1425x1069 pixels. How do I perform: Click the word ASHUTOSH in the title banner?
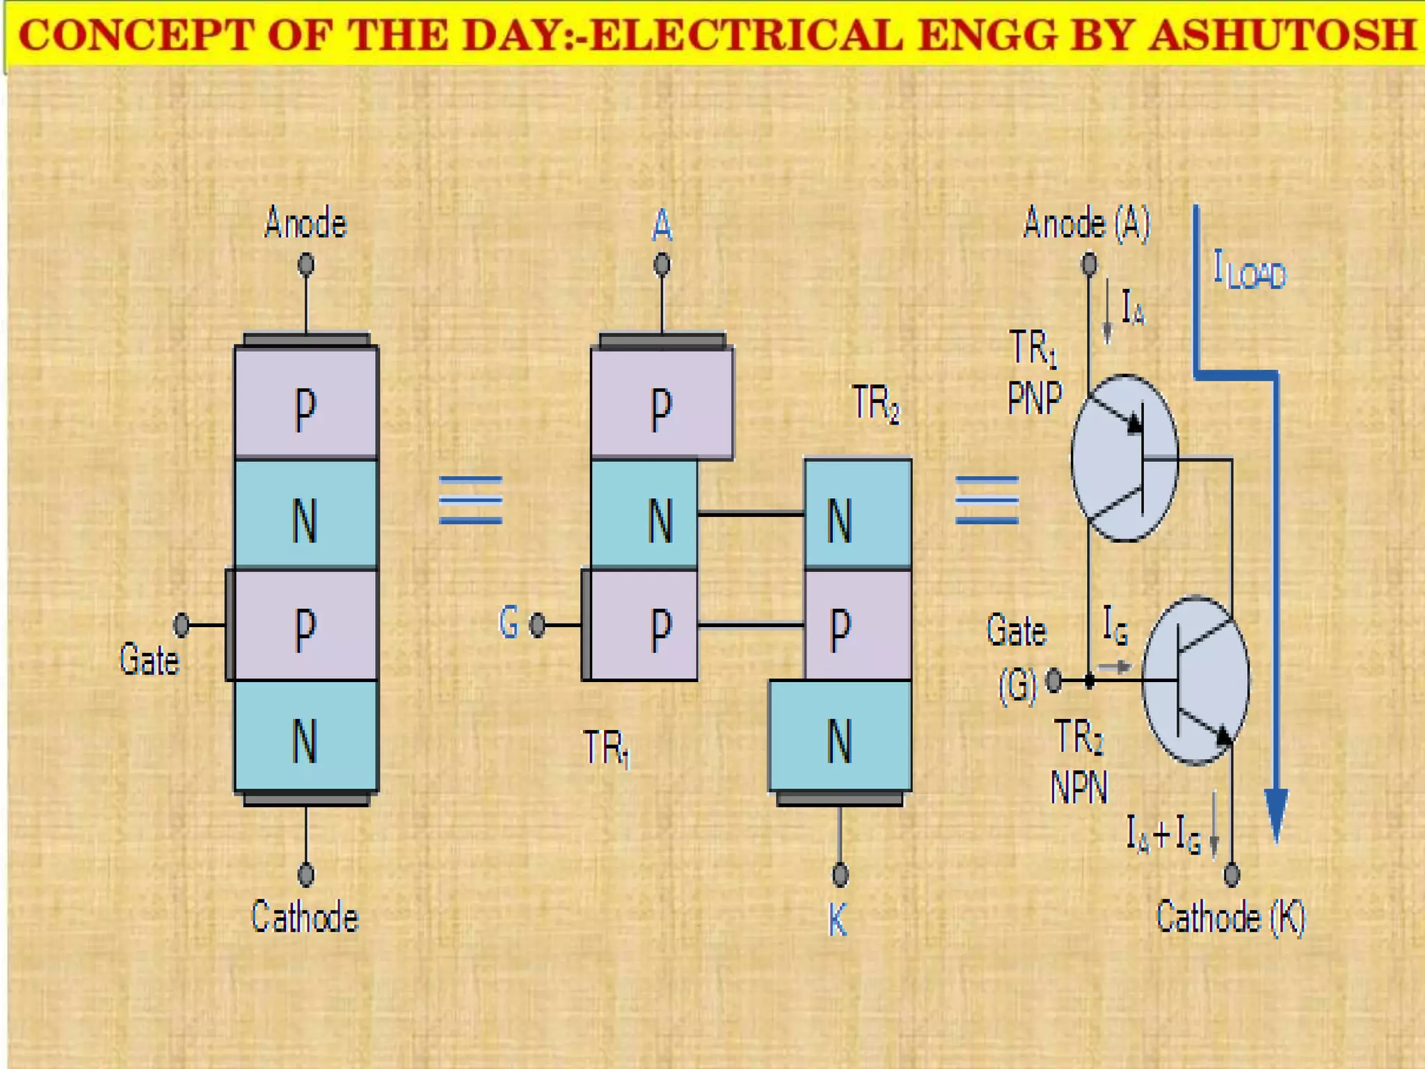click(x=1282, y=35)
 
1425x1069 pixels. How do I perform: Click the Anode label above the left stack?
click(x=305, y=224)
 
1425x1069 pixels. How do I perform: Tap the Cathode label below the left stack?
click(x=305, y=917)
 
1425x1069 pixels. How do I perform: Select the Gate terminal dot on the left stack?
click(x=182, y=624)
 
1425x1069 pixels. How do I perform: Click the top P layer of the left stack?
click(x=306, y=404)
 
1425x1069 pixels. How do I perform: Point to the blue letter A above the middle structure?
click(x=662, y=226)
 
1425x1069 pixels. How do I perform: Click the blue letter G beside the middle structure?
click(x=509, y=622)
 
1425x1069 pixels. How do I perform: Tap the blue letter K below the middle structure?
click(x=838, y=920)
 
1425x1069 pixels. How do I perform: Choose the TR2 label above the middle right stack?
click(x=875, y=404)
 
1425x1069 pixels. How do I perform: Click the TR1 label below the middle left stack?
click(x=606, y=749)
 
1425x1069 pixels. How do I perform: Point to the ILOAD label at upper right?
click(x=1250, y=271)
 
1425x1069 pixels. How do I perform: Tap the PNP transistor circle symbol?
click(x=1124, y=458)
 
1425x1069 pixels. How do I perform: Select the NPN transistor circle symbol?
click(x=1195, y=680)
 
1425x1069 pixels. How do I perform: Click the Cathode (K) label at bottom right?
click(x=1230, y=917)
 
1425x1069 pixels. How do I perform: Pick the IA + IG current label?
click(x=1163, y=834)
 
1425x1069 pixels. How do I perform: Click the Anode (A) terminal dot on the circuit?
click(x=1089, y=264)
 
